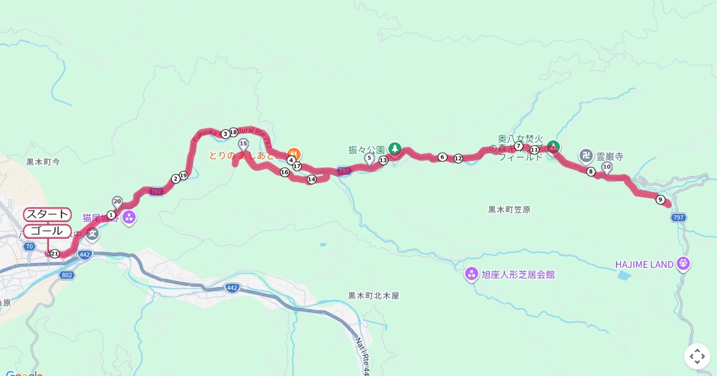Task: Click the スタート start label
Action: pyautogui.click(x=47, y=214)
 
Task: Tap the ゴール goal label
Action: pyautogui.click(x=47, y=231)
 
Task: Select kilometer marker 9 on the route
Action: pyautogui.click(x=660, y=199)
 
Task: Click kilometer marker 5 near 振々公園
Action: pyautogui.click(x=369, y=158)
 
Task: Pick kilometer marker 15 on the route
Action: pyautogui.click(x=243, y=144)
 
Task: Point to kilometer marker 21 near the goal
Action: pyautogui.click(x=54, y=254)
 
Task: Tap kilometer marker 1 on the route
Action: pyautogui.click(x=111, y=214)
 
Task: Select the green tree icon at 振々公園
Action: pyautogui.click(x=394, y=147)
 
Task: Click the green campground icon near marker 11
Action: pyautogui.click(x=553, y=146)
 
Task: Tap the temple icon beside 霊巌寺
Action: pyautogui.click(x=586, y=156)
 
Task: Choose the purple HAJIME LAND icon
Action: pyautogui.click(x=684, y=263)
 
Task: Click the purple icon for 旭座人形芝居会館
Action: pyautogui.click(x=471, y=275)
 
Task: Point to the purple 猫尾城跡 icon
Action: pyautogui.click(x=129, y=218)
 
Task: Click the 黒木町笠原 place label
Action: pyautogui.click(x=509, y=209)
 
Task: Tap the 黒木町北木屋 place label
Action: pyautogui.click(x=373, y=295)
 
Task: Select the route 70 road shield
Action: pyautogui.click(x=29, y=246)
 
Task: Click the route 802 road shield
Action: pyautogui.click(x=67, y=275)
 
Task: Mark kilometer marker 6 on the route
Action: pyautogui.click(x=442, y=157)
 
